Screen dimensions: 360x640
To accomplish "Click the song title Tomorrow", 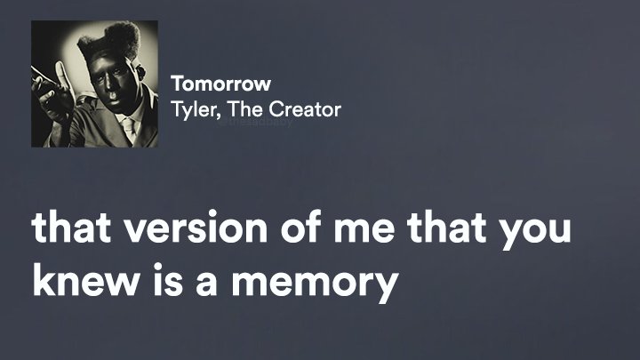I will [x=220, y=84].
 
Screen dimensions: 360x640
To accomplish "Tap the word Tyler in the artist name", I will [x=190, y=109].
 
